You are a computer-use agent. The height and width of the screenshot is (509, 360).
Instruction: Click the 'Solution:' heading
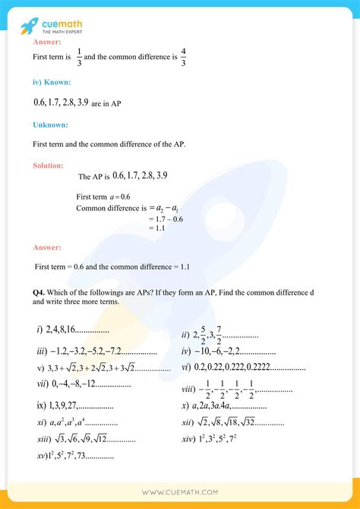pos(49,165)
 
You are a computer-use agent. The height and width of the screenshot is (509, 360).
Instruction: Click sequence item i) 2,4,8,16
pos(72,331)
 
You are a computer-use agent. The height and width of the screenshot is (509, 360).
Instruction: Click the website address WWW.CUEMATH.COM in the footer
pos(180,493)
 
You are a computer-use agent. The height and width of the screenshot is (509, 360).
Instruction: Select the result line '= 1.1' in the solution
pos(156,228)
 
